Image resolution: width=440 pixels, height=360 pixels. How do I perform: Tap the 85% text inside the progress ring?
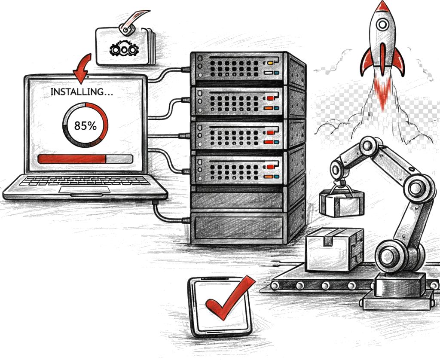[x=86, y=125]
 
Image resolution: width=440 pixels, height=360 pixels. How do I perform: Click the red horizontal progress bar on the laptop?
[x=72, y=159]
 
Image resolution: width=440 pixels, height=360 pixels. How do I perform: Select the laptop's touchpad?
[x=85, y=190]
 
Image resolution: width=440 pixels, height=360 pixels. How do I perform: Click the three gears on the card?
[x=124, y=50]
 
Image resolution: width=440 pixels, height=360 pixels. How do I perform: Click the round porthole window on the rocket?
[x=382, y=25]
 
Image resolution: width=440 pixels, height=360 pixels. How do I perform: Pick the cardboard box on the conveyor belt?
[x=334, y=250]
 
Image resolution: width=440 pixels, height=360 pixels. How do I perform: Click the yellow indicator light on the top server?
[x=270, y=63]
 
